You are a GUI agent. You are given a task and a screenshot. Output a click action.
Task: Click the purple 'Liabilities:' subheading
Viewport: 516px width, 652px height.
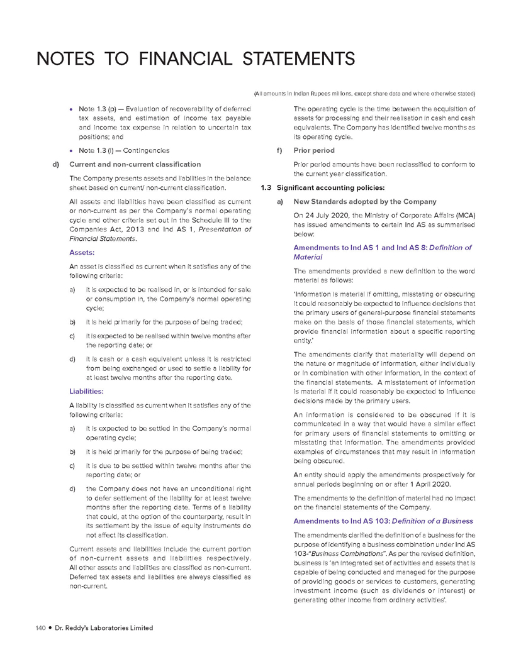point(87,390)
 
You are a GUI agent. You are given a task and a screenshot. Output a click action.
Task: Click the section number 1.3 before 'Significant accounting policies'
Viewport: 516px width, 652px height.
point(266,188)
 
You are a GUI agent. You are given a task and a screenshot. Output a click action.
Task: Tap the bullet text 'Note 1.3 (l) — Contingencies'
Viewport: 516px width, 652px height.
point(123,150)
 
